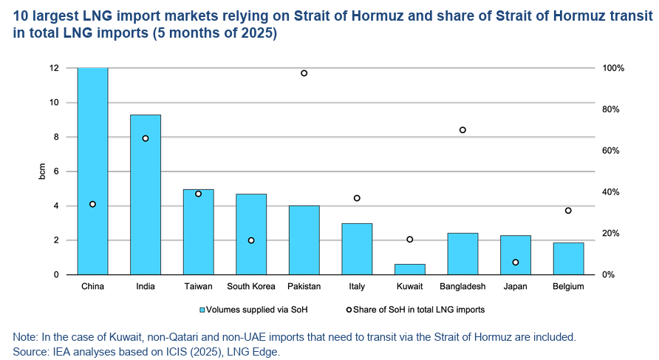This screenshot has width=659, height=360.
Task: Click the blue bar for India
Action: tap(146, 194)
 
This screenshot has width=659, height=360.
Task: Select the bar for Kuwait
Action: tap(410, 269)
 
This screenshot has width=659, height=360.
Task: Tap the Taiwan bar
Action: tap(199, 231)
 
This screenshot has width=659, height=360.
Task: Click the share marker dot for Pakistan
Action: tap(304, 73)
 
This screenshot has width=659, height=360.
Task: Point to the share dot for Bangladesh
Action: tap(462, 130)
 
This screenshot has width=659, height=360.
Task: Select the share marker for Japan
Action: tap(516, 262)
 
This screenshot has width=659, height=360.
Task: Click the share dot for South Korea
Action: tap(251, 240)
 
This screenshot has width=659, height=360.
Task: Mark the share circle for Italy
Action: tap(357, 198)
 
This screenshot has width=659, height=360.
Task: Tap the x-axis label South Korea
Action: tap(251, 287)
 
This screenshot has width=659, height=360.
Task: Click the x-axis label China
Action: tap(92, 287)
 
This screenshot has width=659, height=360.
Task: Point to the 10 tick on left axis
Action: tap(54, 102)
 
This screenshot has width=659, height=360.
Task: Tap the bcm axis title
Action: tap(41, 171)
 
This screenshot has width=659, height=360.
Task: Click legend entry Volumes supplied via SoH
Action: tap(251, 310)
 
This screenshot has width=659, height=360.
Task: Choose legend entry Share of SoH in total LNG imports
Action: tap(418, 310)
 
